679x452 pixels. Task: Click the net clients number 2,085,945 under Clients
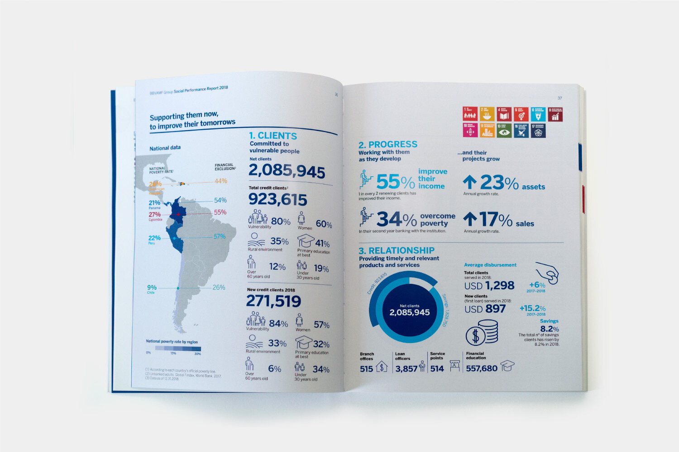point(287,171)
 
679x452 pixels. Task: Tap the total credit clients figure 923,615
point(277,199)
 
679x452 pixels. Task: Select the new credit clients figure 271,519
point(273,301)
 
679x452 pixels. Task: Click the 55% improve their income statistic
point(395,182)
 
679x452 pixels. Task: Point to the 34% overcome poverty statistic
point(397,220)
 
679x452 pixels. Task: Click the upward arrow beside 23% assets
point(469,182)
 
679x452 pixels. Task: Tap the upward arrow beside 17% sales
point(470,219)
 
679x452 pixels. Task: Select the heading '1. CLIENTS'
point(273,136)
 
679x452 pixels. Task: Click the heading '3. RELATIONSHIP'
point(396,250)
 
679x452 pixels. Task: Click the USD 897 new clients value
point(485,309)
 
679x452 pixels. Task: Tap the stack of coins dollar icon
point(482,333)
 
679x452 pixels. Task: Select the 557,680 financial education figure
point(482,369)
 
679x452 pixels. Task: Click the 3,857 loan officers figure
point(406,369)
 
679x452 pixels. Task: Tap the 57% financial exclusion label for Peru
point(220,236)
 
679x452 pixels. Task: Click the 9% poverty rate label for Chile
point(152,287)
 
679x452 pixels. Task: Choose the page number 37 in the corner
point(559,98)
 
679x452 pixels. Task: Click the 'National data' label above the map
point(165,148)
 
